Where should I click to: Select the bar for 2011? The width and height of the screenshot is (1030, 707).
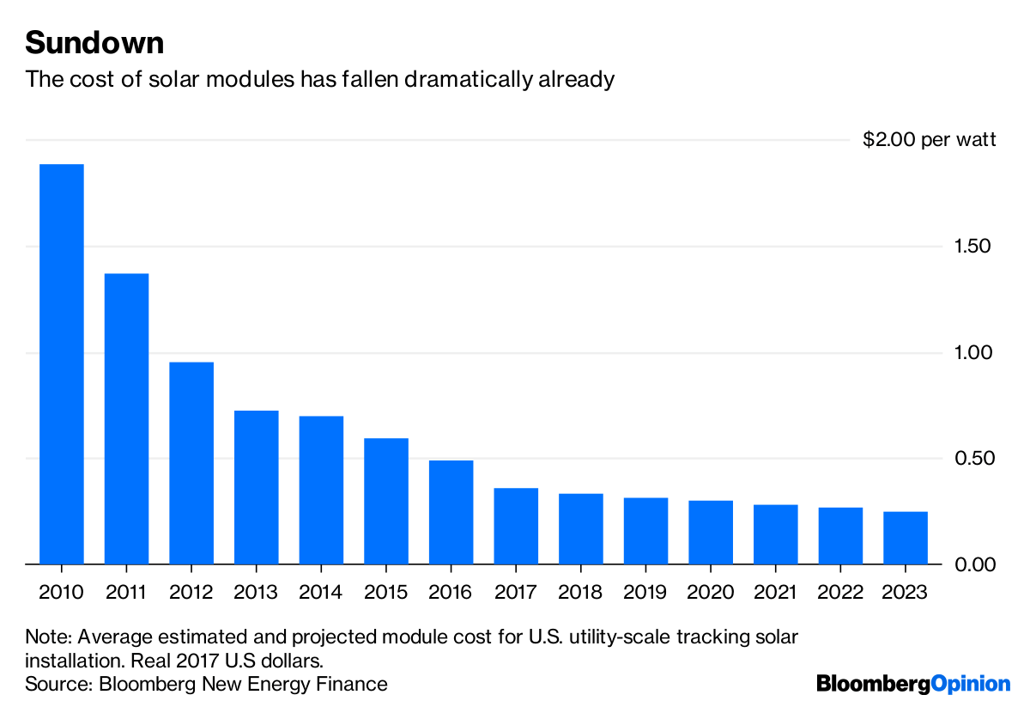click(x=126, y=418)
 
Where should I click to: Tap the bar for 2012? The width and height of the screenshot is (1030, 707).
click(x=191, y=463)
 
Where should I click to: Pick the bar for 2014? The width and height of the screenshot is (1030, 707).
click(x=321, y=490)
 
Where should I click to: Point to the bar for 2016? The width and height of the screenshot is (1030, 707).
click(x=451, y=512)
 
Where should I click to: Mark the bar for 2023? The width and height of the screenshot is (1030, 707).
click(x=906, y=538)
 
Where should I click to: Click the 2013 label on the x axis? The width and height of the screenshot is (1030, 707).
click(x=256, y=592)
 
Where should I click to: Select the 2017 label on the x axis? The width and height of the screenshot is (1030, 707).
click(x=516, y=592)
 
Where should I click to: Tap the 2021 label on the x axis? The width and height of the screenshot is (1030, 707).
click(x=776, y=592)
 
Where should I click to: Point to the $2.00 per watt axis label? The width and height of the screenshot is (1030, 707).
click(x=930, y=139)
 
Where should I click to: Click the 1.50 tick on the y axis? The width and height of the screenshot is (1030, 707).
click(x=972, y=247)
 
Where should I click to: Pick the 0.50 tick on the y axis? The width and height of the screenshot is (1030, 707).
click(x=972, y=459)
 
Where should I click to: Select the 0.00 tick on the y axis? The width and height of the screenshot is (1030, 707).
click(x=972, y=564)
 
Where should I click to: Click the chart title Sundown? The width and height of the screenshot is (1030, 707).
click(x=94, y=42)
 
